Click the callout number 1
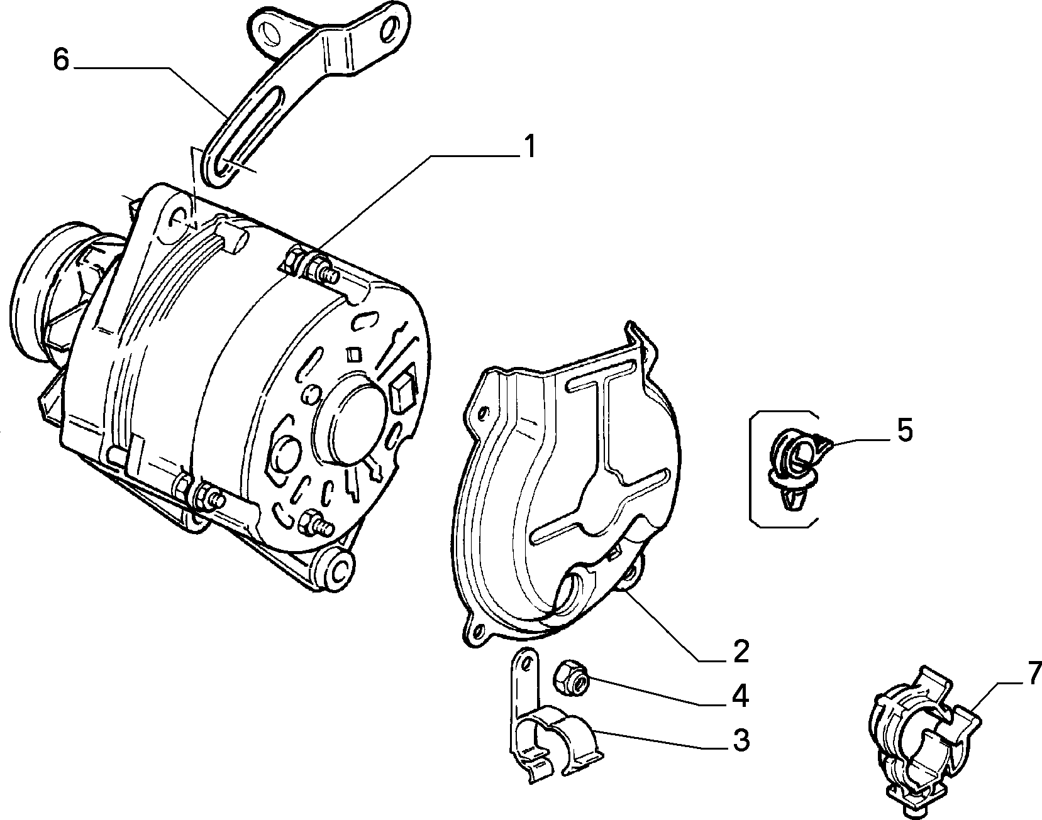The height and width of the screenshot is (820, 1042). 529,147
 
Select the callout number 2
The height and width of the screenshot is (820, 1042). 741,652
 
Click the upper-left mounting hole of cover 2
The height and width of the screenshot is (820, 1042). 482,413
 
